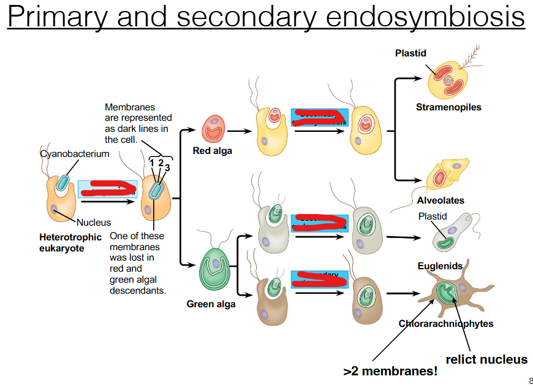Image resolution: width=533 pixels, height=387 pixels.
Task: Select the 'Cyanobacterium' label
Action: tap(75, 154)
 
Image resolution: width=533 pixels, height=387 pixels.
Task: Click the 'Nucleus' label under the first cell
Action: tap(94, 223)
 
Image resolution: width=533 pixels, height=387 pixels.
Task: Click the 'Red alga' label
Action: tap(212, 151)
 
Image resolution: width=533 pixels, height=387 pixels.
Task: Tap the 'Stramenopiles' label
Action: tap(448, 107)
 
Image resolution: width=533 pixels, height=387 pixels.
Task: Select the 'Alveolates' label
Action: tap(440, 201)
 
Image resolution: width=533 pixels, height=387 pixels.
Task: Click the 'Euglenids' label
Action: tap(440, 266)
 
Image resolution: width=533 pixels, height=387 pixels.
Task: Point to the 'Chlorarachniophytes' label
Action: tap(445, 324)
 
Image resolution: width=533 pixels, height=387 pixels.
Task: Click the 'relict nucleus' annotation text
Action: tap(486, 359)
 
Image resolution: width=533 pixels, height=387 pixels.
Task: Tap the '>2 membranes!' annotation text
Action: tap(390, 371)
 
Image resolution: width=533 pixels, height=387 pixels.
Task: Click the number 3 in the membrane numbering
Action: tap(167, 167)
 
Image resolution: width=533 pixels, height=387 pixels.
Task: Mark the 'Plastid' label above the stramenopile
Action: tap(410, 53)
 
